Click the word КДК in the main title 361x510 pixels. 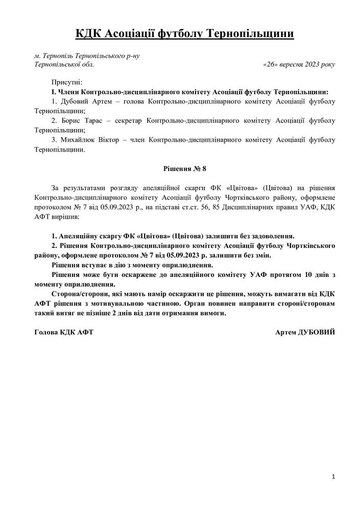click(x=88, y=34)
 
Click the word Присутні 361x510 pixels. click(x=66, y=82)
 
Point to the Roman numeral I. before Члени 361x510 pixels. click(x=53, y=91)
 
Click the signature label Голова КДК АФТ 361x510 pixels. click(x=64, y=331)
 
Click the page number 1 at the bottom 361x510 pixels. click(x=333, y=476)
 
